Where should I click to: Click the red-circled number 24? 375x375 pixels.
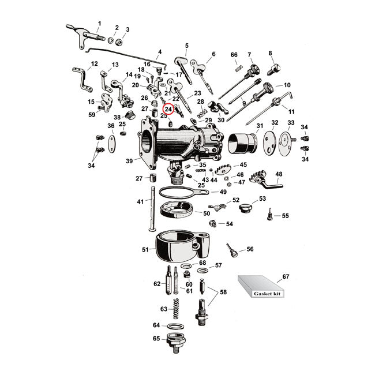click(x=168, y=108)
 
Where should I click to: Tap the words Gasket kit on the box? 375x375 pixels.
click(x=265, y=294)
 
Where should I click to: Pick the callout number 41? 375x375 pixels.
click(x=140, y=202)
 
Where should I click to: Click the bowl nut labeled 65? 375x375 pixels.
click(x=174, y=343)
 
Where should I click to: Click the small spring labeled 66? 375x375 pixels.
click(x=237, y=69)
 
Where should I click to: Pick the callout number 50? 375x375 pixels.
click(x=207, y=213)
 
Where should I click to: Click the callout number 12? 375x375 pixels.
click(x=95, y=63)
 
